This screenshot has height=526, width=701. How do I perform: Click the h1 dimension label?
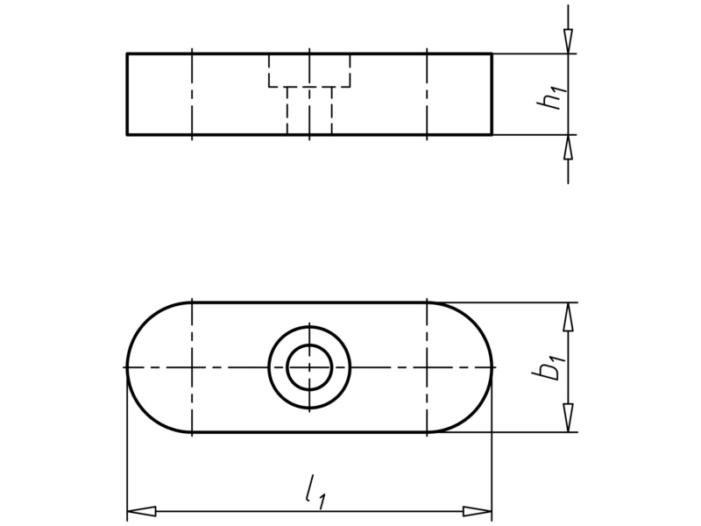pos(551,95)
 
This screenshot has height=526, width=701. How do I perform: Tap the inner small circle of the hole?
pos(309,366)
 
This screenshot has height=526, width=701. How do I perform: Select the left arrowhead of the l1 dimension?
pos(141,510)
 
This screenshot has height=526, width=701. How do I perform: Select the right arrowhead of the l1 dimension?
pos(477,510)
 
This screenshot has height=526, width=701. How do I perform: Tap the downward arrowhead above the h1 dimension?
pos(569,40)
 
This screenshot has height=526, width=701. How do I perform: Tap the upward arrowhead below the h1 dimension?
pos(569,148)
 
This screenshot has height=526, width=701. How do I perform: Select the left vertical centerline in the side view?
pos(192,95)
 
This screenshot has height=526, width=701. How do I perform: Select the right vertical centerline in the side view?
pos(426,95)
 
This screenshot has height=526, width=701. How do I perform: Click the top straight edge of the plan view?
pos(309,302)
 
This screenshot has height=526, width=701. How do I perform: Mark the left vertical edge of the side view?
pos(127,95)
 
